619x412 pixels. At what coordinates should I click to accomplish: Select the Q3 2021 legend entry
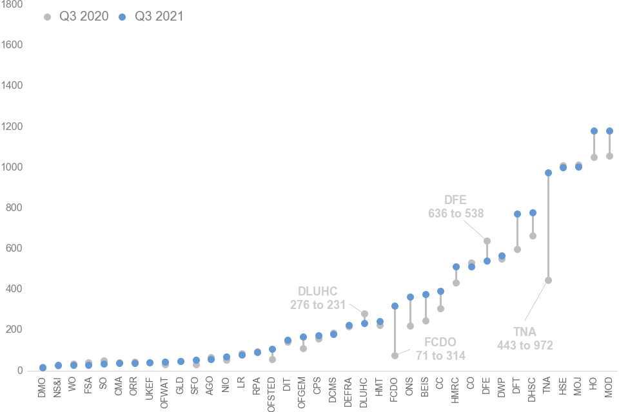152,17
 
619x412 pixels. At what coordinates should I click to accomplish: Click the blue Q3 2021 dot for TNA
548,173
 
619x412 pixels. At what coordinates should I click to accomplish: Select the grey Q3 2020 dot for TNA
548,280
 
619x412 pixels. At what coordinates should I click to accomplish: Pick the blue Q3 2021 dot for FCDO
395,306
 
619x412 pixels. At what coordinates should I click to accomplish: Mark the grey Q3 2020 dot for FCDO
395,355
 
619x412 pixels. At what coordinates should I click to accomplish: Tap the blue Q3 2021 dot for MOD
609,131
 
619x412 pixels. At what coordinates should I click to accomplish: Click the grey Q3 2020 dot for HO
594,157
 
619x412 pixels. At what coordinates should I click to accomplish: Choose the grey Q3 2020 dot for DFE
487,241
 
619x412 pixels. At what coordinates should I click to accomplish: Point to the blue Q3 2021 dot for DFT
517,214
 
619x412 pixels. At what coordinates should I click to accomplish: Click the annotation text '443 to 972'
525,346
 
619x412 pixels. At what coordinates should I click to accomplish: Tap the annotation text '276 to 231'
318,305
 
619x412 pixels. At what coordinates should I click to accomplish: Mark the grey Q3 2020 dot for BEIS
426,321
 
